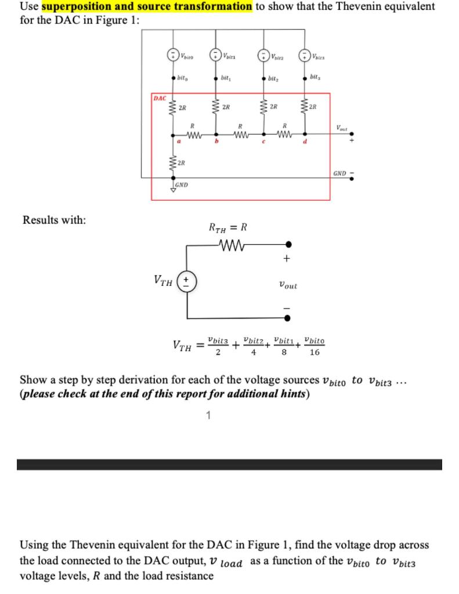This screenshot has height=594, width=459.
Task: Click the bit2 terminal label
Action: coord(272,77)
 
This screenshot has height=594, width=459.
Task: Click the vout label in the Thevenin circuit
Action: coord(288,285)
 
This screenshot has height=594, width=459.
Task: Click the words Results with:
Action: coord(54,220)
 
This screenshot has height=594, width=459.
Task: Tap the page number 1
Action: coord(208,414)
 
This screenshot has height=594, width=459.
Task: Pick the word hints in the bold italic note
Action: coord(284,394)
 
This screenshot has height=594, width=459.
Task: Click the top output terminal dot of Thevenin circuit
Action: coord(288,245)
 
